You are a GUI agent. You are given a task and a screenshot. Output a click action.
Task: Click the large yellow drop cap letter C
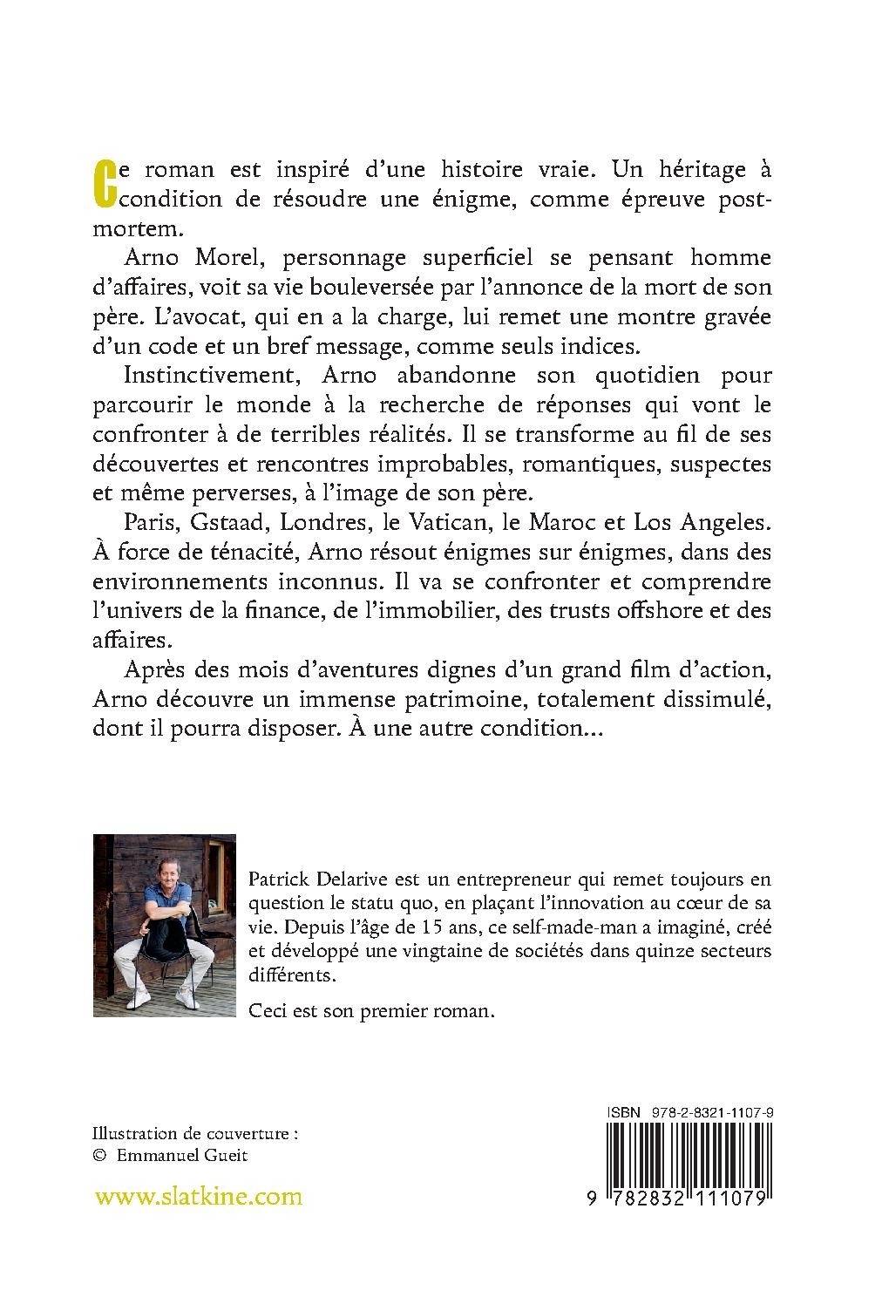pos(104,185)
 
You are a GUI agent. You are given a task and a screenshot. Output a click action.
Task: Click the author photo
pos(164,925)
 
